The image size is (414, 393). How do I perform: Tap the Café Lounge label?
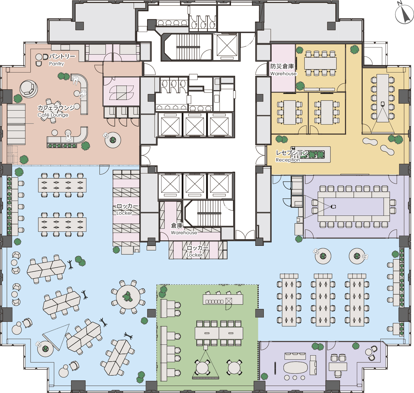pyautogui.click(x=53, y=115)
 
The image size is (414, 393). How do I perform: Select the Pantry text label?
pyautogui.click(x=56, y=64)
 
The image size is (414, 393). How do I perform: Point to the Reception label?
pyautogui.click(x=288, y=160)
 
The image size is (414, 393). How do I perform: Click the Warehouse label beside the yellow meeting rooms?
pyautogui.click(x=283, y=74)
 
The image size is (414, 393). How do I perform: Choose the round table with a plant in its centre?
pyautogui.click(x=128, y=297)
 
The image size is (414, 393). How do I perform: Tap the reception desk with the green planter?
pyautogui.click(x=311, y=154)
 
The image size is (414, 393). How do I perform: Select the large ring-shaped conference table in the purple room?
pyautogui.click(x=354, y=206)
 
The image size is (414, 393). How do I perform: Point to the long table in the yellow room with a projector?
pyautogui.click(x=383, y=98)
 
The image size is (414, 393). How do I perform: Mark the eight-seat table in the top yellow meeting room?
pyautogui.click(x=320, y=63)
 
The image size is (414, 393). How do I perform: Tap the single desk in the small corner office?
pyautogui.click(x=338, y=367)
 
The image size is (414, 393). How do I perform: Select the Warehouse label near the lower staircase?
pyautogui.click(x=184, y=233)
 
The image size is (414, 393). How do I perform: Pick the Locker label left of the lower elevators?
pyautogui.click(x=124, y=213)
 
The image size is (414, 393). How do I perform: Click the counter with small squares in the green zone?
pyautogui.click(x=223, y=299)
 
